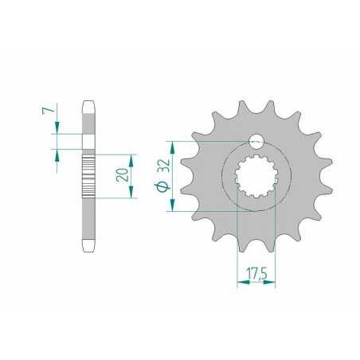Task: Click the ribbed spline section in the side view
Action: click(88, 175)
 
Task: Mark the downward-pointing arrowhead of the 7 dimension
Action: click(57, 130)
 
